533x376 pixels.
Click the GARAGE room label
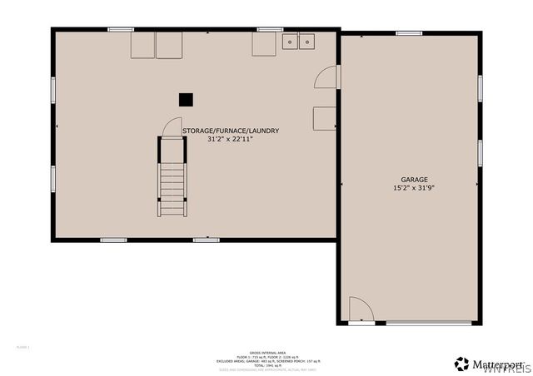click(x=414, y=180)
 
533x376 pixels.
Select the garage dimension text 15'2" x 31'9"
click(x=414, y=188)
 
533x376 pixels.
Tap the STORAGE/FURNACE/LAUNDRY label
click(x=230, y=131)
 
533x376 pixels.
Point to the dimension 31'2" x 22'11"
click(x=230, y=139)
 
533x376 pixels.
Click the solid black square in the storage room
click(x=186, y=99)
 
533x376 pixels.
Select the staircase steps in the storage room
click(x=172, y=187)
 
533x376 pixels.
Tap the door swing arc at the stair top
click(x=172, y=126)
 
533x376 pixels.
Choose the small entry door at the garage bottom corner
click(x=361, y=310)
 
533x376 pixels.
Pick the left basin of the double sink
click(x=291, y=41)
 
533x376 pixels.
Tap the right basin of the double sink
click(x=306, y=41)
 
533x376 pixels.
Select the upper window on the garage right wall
click(x=480, y=88)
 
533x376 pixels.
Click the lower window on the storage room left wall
click(x=53, y=178)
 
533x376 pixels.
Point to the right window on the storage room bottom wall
click(x=206, y=240)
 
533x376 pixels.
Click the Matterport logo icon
click(x=461, y=364)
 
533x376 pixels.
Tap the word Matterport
click(x=497, y=364)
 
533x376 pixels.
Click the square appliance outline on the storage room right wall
click(x=324, y=118)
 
